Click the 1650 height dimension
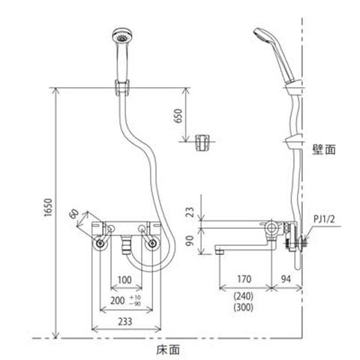pyautogui.click(x=49, y=207)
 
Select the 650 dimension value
pyautogui.click(x=178, y=115)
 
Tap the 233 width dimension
pyautogui.click(x=125, y=322)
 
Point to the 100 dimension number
pyautogui.click(x=124, y=280)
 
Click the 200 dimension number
pyautogui.click(x=118, y=301)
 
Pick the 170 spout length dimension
pyautogui.click(x=244, y=279)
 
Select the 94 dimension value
pyautogui.click(x=286, y=279)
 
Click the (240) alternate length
pyautogui.click(x=244, y=296)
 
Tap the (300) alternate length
pyautogui.click(x=244, y=307)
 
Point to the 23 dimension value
pyautogui.click(x=190, y=212)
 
